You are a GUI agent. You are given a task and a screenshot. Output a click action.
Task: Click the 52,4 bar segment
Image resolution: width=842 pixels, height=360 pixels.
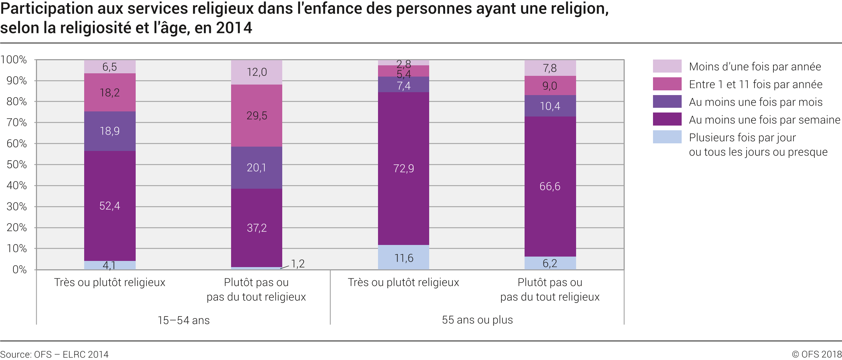pos(110,206)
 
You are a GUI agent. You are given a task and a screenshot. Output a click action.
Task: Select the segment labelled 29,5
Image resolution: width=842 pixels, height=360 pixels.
pos(256,116)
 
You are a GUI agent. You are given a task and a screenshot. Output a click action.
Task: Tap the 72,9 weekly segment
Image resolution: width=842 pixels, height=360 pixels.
pos(403,168)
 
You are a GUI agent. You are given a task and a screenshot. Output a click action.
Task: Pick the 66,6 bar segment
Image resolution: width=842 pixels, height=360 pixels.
pos(550,187)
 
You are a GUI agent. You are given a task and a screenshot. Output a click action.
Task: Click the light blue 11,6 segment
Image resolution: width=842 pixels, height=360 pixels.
pos(403,258)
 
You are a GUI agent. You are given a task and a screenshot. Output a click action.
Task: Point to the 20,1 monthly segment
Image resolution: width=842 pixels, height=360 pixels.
pos(256,168)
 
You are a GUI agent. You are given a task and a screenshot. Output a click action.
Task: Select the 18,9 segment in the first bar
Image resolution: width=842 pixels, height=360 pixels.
pos(110,131)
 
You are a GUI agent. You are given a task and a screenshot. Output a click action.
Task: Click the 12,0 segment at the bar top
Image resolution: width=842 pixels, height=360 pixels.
pos(256,72)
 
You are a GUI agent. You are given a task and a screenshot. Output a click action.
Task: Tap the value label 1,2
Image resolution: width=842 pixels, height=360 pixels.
pos(297,264)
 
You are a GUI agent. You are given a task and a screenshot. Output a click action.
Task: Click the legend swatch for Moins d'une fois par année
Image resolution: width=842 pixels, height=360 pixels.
pos(667,66)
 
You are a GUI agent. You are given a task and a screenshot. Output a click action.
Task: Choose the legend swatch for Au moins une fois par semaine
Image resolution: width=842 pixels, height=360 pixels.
pos(667,119)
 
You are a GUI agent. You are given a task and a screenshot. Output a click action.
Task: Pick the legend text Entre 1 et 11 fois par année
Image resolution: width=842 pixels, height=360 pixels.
pos(755,85)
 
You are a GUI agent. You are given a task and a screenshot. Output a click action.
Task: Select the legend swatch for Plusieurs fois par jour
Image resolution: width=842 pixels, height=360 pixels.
pos(667,137)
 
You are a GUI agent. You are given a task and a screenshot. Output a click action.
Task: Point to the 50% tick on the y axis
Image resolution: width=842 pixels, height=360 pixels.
pos(17,165)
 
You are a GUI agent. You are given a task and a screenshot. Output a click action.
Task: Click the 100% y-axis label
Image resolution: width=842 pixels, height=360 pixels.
pos(14,60)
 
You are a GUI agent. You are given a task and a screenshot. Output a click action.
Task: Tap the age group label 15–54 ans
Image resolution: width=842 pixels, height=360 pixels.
pos(184,320)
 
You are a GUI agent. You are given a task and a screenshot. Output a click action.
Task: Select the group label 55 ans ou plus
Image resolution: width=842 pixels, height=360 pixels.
pos(477,320)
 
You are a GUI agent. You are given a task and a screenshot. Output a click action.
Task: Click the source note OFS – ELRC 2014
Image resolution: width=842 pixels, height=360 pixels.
pos(54,354)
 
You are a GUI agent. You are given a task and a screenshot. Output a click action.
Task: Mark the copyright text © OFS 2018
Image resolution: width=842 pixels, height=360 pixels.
pos(816,354)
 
